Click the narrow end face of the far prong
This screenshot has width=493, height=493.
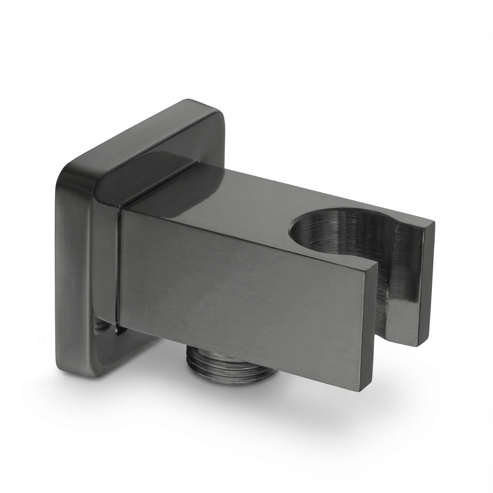point(426,284)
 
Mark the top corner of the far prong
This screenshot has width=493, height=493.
point(431,223)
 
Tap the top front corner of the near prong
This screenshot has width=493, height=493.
point(373,262)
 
